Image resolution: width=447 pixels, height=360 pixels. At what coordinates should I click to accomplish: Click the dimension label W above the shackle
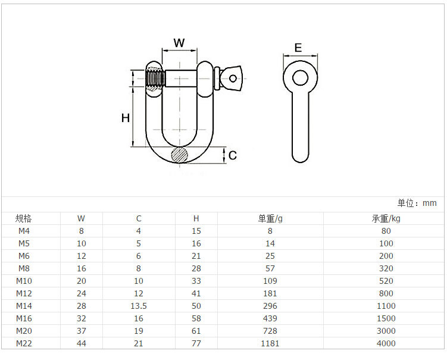(179, 43)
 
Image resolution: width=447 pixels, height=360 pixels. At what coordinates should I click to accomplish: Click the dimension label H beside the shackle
(125, 118)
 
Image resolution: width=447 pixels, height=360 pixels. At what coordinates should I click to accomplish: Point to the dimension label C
(233, 155)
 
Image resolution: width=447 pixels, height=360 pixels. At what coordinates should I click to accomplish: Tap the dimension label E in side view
(298, 48)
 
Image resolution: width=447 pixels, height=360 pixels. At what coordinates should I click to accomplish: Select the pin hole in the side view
(300, 78)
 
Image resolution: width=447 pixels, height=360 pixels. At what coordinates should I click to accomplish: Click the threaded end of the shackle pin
(155, 79)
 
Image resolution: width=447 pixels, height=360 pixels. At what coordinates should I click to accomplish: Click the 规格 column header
(24, 218)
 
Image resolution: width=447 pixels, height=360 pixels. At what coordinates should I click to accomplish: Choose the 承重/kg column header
(386, 218)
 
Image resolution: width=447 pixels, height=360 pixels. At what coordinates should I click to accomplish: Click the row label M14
(24, 306)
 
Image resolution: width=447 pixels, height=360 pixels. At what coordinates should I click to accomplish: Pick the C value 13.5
(139, 306)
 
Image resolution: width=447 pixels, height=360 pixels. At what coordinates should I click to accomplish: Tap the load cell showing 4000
(386, 343)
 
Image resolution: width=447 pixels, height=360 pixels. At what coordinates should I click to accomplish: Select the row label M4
(24, 231)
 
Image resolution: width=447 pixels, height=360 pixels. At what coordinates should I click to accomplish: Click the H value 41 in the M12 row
(196, 293)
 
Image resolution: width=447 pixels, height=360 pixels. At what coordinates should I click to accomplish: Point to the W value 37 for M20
(82, 331)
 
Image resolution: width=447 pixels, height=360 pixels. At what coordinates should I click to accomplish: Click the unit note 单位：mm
(417, 204)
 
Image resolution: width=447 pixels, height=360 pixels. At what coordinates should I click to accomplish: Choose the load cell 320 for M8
(386, 268)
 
